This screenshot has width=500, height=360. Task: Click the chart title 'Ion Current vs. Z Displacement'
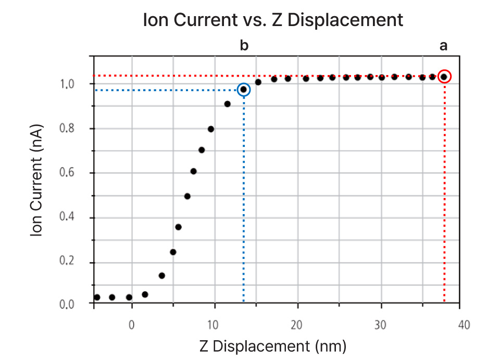point(273,20)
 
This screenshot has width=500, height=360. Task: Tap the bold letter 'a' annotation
point(444,46)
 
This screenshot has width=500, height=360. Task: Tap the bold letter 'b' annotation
point(244,46)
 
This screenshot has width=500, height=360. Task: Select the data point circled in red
point(444,77)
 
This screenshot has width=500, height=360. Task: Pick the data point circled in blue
point(243,90)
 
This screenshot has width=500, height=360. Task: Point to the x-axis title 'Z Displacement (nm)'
point(273,345)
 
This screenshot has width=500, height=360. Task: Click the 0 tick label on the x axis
point(132,325)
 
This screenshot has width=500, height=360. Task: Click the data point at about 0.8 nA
point(211,129)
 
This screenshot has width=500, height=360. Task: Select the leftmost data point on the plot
point(97,297)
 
